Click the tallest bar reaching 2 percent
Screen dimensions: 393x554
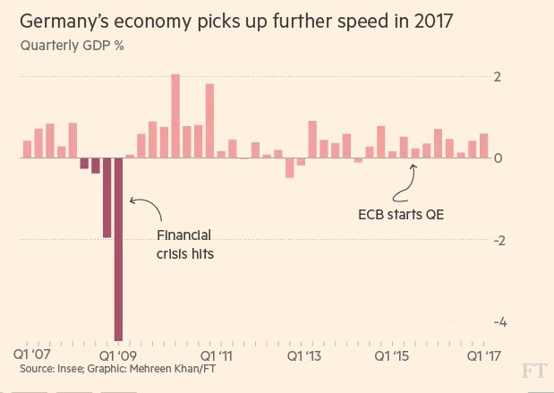[x=175, y=116]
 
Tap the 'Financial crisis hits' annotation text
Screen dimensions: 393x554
[x=184, y=244]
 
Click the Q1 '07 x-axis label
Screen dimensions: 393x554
[x=34, y=355]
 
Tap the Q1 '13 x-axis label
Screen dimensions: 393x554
[x=304, y=355]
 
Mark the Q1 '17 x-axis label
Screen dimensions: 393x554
[x=484, y=355]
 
